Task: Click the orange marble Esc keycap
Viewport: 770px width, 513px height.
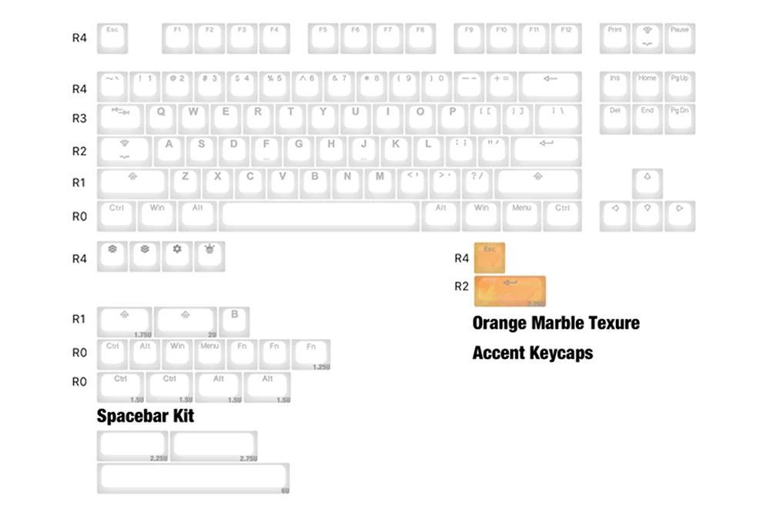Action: coord(490,257)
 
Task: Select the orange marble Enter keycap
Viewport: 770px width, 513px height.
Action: coord(510,291)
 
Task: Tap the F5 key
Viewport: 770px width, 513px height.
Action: coord(323,38)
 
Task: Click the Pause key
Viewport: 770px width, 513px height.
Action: coord(680,38)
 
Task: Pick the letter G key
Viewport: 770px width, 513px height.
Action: coord(298,150)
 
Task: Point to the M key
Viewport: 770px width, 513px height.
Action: coord(380,183)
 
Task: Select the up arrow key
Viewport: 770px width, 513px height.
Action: coord(648,183)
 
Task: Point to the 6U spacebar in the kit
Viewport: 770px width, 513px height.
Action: coord(193,478)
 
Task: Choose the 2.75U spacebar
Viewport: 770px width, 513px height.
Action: coord(214,446)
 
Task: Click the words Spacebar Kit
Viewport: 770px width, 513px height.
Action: coord(145,416)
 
